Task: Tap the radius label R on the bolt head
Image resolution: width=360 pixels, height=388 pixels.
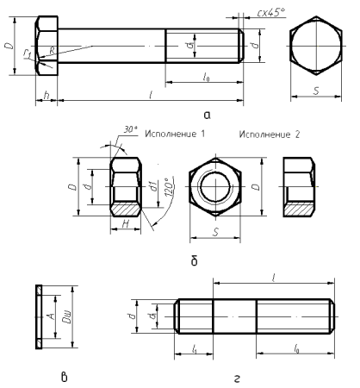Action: [53, 51]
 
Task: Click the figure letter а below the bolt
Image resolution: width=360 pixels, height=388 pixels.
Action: [206, 114]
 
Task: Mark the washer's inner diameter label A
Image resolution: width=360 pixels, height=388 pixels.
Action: [53, 316]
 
